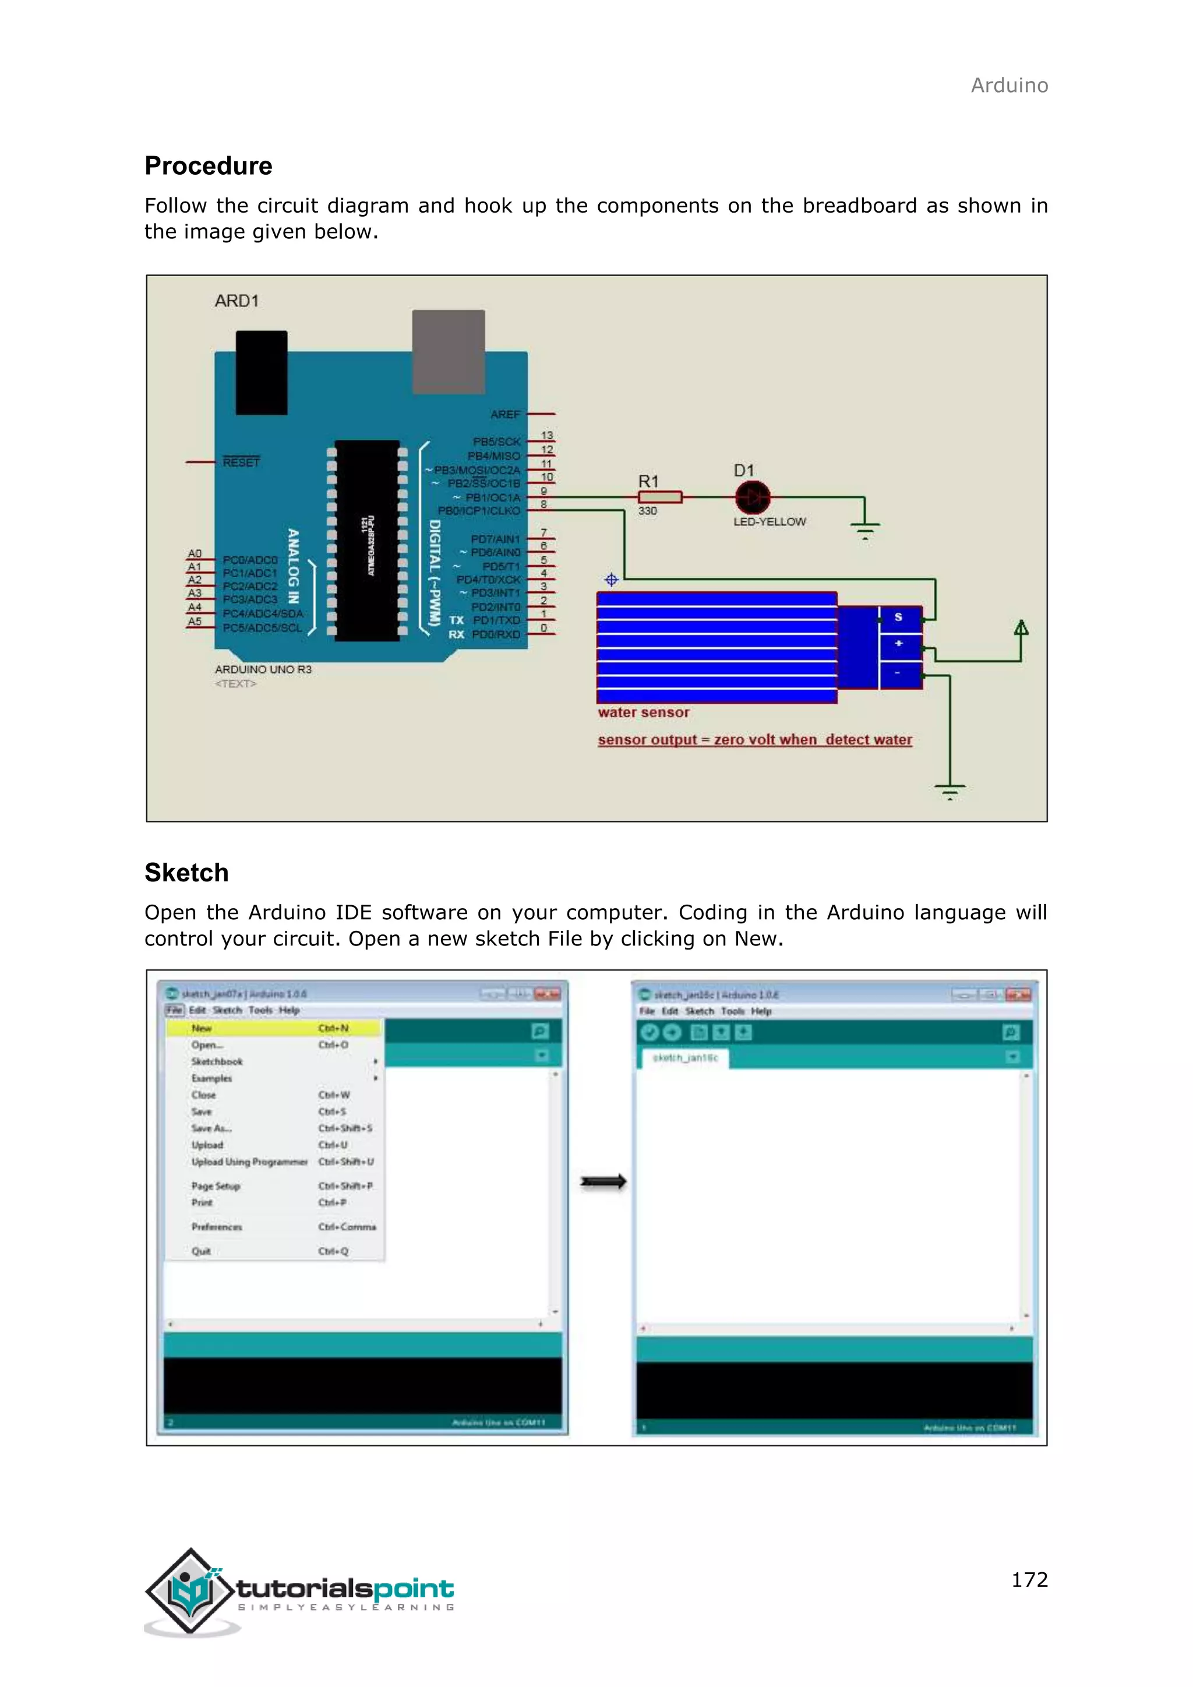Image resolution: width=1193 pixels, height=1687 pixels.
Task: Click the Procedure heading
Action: [208, 166]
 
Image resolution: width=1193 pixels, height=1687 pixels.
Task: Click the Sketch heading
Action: [186, 873]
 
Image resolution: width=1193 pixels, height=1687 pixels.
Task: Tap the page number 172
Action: [1029, 1579]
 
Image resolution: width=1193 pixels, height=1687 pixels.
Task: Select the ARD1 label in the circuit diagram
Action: [237, 301]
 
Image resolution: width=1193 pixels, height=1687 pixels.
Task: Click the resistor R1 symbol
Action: [659, 497]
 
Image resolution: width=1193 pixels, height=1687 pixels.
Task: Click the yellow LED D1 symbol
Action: [752, 497]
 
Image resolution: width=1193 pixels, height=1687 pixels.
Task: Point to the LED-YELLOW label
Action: [769, 522]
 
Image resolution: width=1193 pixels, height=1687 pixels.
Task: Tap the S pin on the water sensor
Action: [898, 617]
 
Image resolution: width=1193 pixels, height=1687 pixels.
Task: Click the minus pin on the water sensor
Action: [898, 673]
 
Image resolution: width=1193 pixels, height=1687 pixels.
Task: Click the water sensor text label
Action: [644, 712]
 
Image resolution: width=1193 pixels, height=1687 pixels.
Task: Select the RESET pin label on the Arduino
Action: [241, 462]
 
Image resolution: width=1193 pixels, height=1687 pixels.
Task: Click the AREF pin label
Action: [506, 414]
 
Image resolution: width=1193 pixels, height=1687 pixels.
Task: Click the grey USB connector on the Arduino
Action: [448, 352]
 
